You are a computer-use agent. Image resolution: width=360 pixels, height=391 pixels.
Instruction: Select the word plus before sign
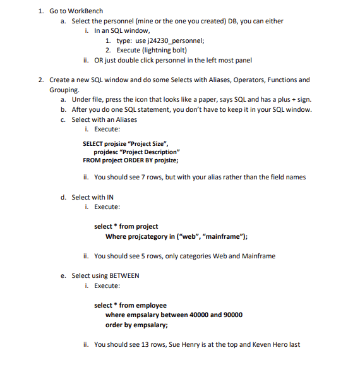282,100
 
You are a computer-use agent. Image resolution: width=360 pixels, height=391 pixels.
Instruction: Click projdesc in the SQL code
105,152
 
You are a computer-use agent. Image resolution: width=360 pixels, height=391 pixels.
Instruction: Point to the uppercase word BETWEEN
124,275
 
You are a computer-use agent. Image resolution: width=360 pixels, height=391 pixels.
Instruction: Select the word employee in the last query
152,305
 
